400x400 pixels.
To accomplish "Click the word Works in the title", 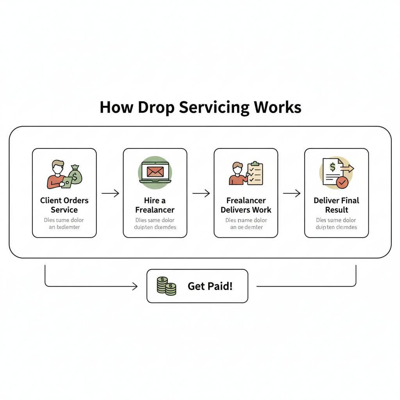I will [x=278, y=107].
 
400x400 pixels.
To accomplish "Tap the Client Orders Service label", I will [x=64, y=205].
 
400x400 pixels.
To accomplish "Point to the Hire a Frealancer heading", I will [x=155, y=205].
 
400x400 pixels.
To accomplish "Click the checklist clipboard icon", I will [x=255, y=173].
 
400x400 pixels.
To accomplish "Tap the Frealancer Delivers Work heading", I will [x=246, y=205].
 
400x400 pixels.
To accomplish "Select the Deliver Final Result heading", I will [x=336, y=205].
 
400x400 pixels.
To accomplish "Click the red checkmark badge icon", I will [x=342, y=182].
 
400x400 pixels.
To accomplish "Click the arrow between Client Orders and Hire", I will [x=110, y=193].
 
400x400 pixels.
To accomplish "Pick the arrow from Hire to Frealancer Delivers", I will [x=201, y=193].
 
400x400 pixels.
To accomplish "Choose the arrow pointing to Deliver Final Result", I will [x=291, y=193].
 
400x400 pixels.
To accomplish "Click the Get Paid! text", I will [x=210, y=286].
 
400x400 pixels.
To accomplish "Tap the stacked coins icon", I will [x=166, y=286].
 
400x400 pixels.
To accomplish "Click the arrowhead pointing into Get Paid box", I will [x=135, y=287].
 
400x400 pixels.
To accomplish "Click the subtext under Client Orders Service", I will [x=64, y=223].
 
